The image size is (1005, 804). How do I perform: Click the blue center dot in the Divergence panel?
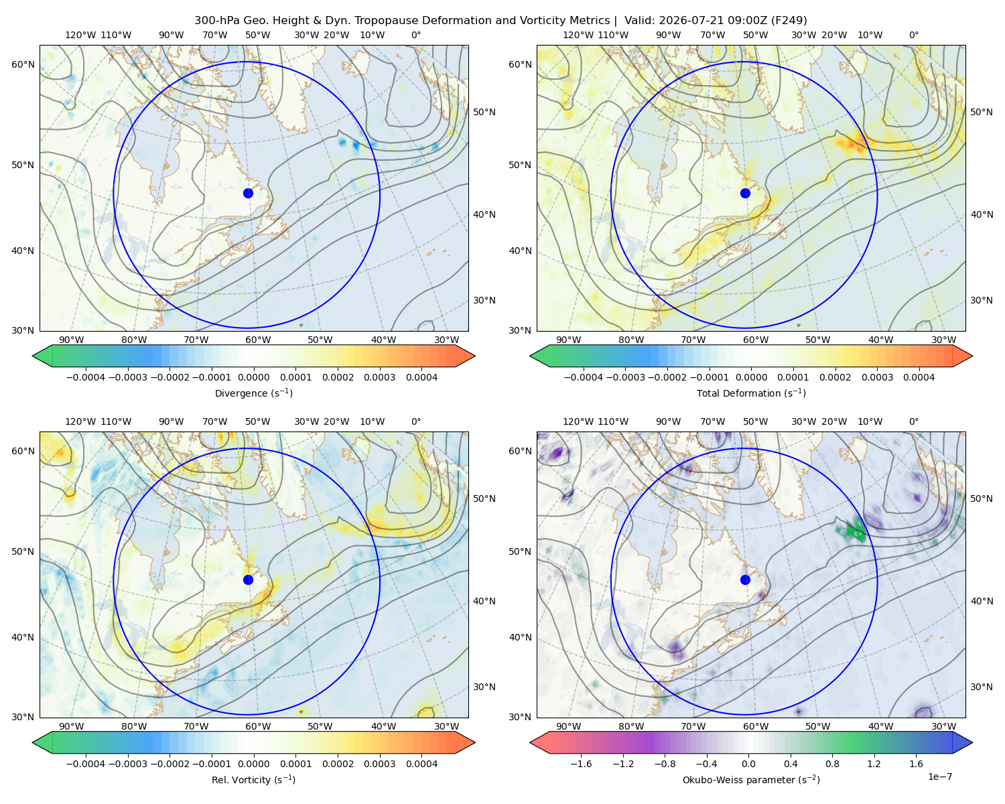tap(248, 193)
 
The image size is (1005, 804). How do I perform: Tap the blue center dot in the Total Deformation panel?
tap(745, 193)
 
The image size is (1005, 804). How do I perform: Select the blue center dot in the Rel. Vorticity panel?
tap(248, 580)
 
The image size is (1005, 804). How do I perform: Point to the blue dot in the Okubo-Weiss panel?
tap(745, 580)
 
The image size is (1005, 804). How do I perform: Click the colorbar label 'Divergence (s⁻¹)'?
tap(253, 393)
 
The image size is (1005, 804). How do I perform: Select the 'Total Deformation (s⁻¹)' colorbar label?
tap(751, 393)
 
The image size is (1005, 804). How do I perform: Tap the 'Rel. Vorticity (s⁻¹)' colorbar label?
tap(253, 779)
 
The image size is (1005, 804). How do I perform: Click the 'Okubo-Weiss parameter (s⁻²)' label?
tap(751, 779)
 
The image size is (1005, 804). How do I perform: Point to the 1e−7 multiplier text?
tap(939, 777)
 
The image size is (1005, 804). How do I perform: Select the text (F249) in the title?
tap(789, 21)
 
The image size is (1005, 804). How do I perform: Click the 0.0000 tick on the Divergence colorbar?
tap(253, 377)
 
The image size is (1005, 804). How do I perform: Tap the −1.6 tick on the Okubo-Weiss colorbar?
tap(581, 764)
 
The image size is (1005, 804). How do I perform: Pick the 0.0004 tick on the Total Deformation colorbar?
tap(919, 377)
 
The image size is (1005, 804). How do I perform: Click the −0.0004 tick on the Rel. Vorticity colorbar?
tap(86, 764)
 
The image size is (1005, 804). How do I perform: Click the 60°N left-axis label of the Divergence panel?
tap(23, 64)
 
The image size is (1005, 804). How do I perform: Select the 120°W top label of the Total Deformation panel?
tap(578, 35)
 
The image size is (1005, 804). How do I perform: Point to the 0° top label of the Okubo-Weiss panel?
tap(913, 421)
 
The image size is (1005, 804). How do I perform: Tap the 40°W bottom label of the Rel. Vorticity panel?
tap(383, 726)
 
